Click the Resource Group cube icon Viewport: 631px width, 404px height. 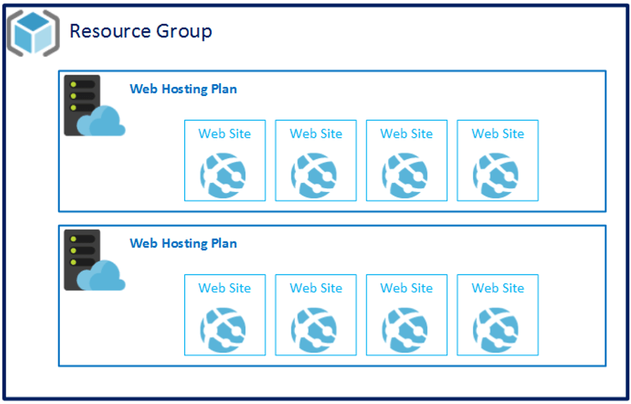click(33, 32)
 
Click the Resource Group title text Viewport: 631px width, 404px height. click(140, 31)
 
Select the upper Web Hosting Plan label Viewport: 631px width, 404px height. click(183, 89)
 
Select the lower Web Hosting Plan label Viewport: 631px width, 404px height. click(183, 243)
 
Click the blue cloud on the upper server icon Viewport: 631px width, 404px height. click(102, 122)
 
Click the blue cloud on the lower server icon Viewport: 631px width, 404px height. click(102, 276)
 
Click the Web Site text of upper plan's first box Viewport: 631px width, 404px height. click(224, 133)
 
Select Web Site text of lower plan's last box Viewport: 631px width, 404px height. click(498, 287)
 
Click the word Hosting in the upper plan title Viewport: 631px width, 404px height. click(184, 90)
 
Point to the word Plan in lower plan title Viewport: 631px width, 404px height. click(224, 243)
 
